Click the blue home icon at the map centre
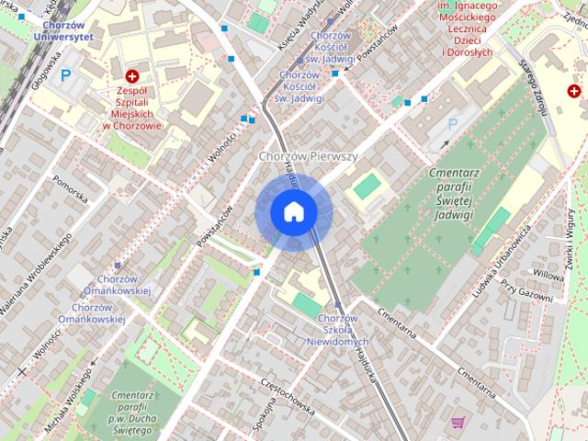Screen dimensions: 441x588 click(x=293, y=212)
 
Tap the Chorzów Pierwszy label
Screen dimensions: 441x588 click(x=308, y=157)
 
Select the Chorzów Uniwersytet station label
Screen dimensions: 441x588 click(x=62, y=31)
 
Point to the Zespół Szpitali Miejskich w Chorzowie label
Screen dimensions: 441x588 click(x=132, y=106)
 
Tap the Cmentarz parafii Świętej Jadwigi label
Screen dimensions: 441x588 click(x=437, y=194)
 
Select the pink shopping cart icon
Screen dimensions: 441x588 click(x=458, y=423)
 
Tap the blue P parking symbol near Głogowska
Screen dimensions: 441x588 click(x=64, y=76)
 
